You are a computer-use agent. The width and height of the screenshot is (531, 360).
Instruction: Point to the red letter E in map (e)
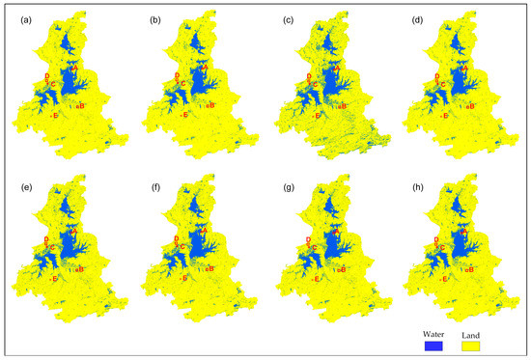[x=56, y=279]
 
